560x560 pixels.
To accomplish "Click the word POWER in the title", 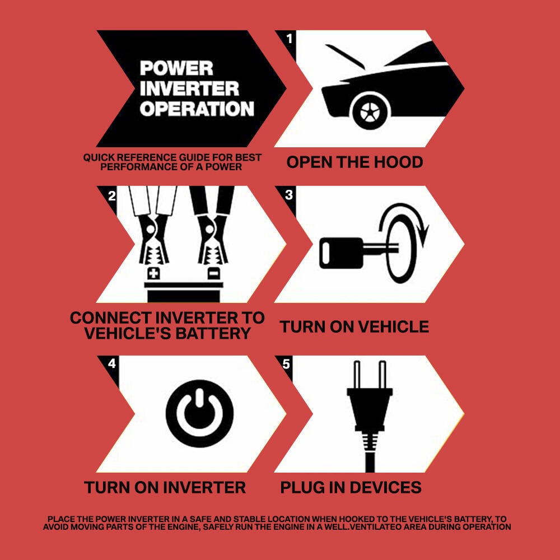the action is click(176, 68).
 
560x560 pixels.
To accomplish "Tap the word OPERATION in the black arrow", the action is click(197, 109).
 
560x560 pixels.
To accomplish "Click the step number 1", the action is click(290, 38).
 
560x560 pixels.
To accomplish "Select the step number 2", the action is click(112, 195).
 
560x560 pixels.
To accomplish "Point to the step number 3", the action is click(289, 195).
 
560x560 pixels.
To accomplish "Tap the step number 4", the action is click(112, 363).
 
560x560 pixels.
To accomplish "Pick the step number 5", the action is click(286, 364).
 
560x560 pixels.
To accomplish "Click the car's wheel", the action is click(370, 111).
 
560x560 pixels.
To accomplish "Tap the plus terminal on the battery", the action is click(153, 274).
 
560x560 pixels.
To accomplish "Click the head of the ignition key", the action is click(340, 253).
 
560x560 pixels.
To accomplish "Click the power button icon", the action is click(199, 413).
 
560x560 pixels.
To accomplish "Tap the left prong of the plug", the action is click(356, 375).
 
